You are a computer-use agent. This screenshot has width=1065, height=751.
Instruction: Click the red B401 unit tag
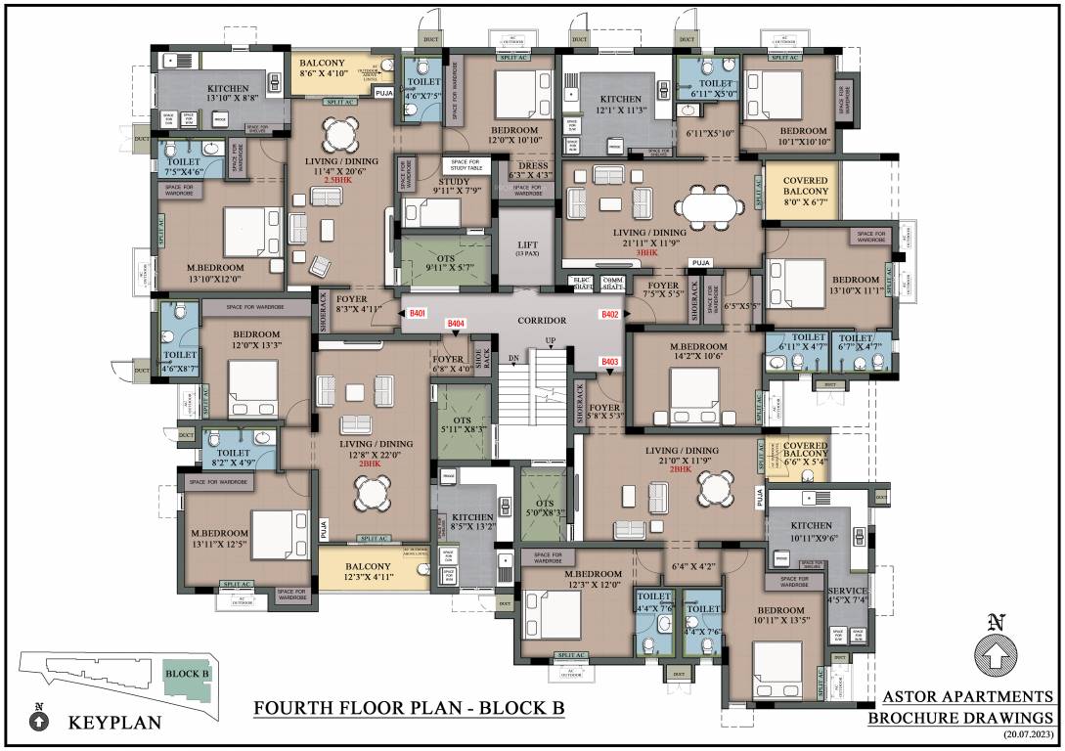tap(418, 313)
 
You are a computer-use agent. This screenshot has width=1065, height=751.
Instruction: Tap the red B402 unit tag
tap(610, 314)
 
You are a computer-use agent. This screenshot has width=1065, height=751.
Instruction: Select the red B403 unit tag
tap(610, 362)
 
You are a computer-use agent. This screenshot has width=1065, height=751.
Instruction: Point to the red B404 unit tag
tap(456, 323)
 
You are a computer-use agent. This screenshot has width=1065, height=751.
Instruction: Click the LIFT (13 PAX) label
tap(528, 246)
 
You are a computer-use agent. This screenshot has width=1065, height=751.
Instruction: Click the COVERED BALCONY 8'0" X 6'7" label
tap(805, 193)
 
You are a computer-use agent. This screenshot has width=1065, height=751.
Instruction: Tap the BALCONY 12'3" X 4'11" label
tap(367, 572)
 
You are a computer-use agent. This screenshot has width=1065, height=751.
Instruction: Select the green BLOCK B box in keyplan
tap(182, 673)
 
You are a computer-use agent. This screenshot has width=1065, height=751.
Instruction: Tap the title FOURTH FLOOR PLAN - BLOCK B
tap(409, 706)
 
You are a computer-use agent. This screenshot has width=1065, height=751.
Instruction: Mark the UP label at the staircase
tap(551, 341)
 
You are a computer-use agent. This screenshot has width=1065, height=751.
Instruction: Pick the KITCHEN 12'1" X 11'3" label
tap(620, 105)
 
